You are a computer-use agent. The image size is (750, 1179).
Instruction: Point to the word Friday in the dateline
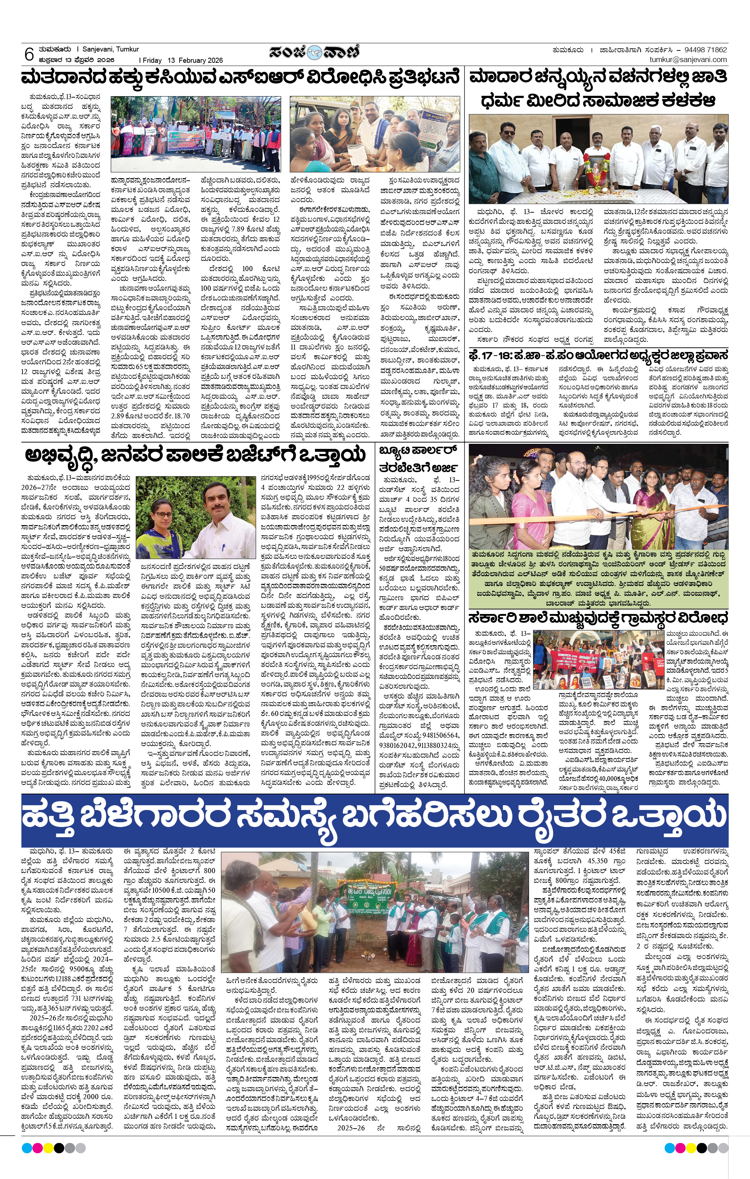tap(152, 60)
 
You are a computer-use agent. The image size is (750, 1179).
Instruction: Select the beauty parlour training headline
tap(419, 458)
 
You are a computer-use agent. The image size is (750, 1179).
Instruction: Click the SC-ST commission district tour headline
tap(598, 355)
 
